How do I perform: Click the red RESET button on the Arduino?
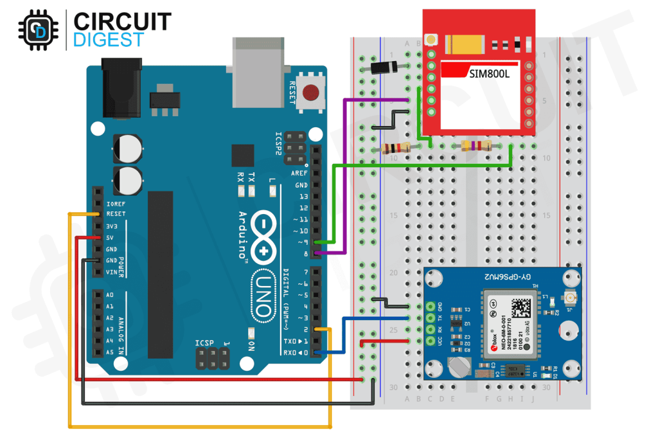(x=312, y=93)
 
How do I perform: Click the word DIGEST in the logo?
(x=109, y=40)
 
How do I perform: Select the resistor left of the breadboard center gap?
(x=395, y=148)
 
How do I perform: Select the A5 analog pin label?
(x=109, y=352)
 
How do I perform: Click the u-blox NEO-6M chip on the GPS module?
(x=508, y=324)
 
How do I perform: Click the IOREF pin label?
(x=116, y=203)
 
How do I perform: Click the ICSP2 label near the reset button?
(x=278, y=145)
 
